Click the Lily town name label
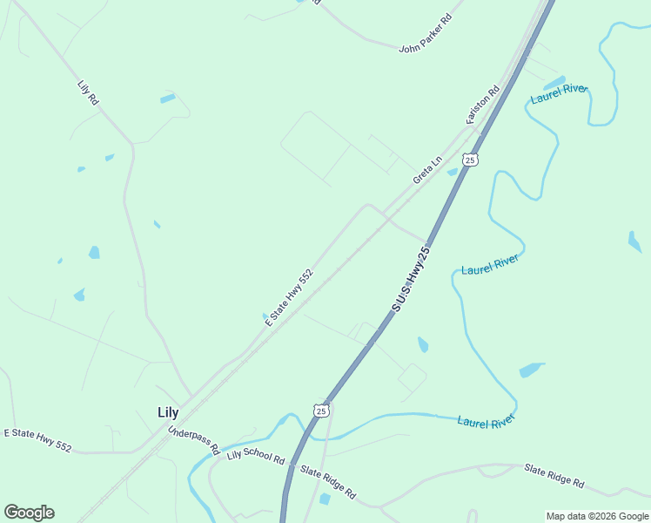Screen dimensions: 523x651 click(x=168, y=412)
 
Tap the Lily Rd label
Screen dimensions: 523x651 click(x=88, y=93)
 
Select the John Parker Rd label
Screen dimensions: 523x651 click(x=426, y=33)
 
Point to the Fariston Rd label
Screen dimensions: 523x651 click(x=483, y=104)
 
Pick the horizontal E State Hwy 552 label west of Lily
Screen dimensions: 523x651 click(x=37, y=439)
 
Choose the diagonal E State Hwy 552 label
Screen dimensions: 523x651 click(x=289, y=297)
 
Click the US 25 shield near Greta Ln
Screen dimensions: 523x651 click(x=470, y=160)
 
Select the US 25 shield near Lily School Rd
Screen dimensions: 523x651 click(x=321, y=410)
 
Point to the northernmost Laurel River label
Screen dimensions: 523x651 click(x=559, y=95)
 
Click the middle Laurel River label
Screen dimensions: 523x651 click(x=490, y=264)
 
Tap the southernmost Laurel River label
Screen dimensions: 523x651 click(x=487, y=422)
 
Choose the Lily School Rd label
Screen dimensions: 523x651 click(x=256, y=456)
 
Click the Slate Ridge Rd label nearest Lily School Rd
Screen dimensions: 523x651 click(x=328, y=481)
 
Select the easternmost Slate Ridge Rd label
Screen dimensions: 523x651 click(x=554, y=476)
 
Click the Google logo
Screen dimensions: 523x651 click(x=29, y=513)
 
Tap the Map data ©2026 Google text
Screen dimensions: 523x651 click(x=597, y=516)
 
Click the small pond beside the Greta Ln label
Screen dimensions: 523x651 click(x=453, y=172)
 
